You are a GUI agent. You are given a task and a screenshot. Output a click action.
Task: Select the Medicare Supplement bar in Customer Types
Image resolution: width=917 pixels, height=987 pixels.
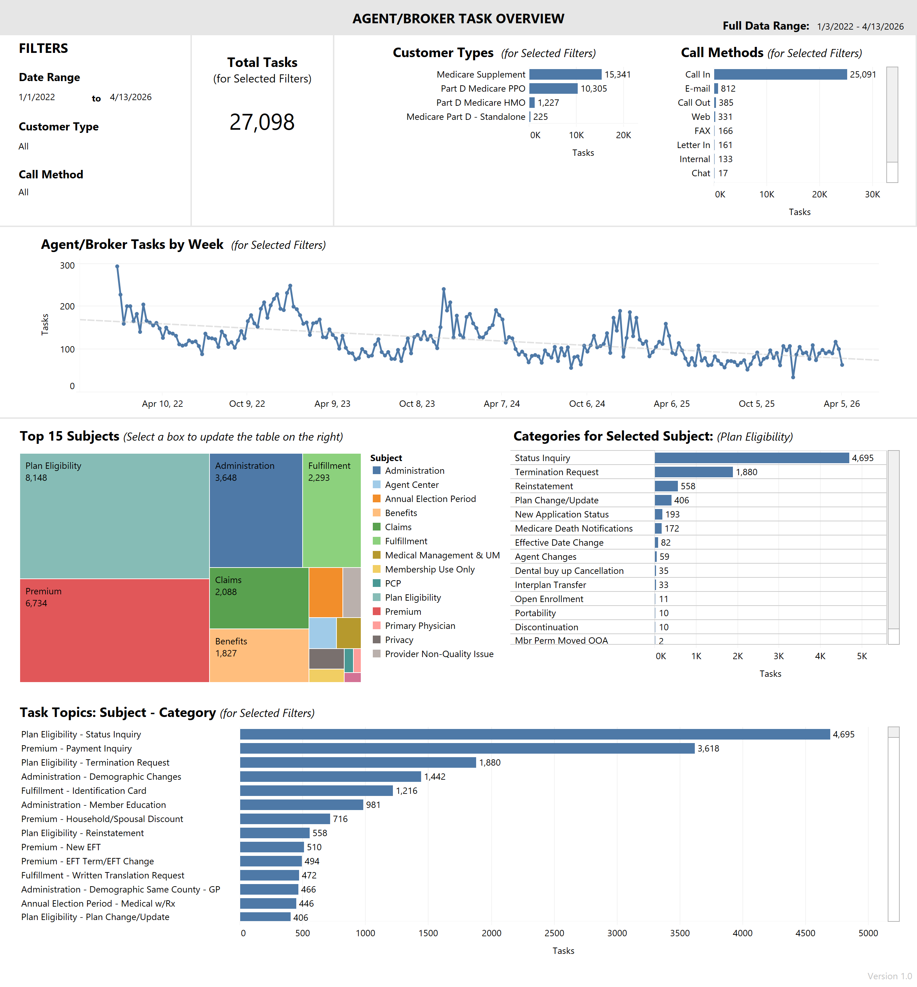tap(565, 74)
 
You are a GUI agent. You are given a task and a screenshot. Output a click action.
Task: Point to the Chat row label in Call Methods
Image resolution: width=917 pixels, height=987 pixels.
tap(701, 173)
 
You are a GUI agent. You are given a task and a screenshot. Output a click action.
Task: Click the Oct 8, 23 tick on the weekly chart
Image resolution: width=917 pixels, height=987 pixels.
tap(417, 404)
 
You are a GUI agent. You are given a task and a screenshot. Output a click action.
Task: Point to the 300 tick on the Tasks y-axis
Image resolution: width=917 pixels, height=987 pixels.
tap(67, 266)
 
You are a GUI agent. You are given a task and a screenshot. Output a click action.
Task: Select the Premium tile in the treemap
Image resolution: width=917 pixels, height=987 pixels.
tap(114, 630)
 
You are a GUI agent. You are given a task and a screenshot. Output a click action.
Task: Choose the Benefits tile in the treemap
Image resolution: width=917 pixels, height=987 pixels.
tap(259, 655)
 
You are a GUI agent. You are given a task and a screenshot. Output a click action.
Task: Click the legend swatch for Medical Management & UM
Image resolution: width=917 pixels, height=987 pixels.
tap(377, 555)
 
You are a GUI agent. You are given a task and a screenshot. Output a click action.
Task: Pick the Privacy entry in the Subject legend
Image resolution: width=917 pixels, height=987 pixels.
tap(399, 640)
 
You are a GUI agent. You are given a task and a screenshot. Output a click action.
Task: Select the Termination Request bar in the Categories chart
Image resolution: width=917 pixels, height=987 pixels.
tap(693, 472)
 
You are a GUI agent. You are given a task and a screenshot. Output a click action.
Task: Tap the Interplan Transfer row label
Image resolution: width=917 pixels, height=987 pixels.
tap(550, 585)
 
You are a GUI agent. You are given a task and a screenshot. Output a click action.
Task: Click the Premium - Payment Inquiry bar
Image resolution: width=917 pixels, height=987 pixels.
tap(467, 748)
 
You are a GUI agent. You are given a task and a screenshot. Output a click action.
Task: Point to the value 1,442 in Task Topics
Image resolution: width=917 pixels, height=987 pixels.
tap(435, 777)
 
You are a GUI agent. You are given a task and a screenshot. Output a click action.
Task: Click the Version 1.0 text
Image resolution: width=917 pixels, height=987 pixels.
tap(889, 976)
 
